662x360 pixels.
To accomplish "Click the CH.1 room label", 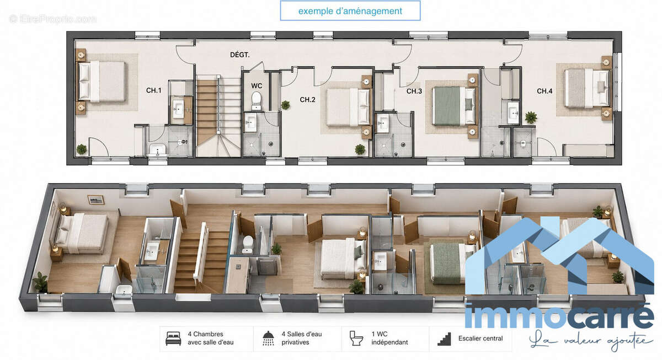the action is [x=154, y=90].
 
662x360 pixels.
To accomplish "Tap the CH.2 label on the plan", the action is [x=307, y=100].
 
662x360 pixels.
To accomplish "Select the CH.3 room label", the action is [x=414, y=92].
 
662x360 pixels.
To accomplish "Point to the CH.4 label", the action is [x=544, y=92].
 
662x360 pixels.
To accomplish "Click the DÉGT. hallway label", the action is [x=239, y=55].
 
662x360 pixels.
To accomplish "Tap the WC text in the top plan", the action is [x=257, y=86].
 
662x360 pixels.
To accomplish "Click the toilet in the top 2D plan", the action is [x=256, y=100].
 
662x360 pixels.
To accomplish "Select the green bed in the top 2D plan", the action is [x=453, y=106].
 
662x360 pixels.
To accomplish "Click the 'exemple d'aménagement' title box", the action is [x=350, y=11].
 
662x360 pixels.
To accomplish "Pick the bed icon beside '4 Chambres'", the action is [x=173, y=338].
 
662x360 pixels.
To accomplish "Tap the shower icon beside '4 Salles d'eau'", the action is [x=268, y=338].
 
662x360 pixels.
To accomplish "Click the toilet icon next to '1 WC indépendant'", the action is [x=356, y=338].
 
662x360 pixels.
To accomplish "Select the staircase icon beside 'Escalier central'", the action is [x=445, y=339].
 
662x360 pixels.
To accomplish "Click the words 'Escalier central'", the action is [x=481, y=338].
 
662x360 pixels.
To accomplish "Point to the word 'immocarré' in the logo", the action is [x=558, y=316].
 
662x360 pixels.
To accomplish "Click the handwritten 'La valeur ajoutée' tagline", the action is [x=590, y=341].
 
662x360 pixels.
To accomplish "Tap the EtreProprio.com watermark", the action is [x=52, y=19].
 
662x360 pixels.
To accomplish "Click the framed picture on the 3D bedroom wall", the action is [x=96, y=200].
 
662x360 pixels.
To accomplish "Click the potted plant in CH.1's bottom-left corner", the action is [x=82, y=149].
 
